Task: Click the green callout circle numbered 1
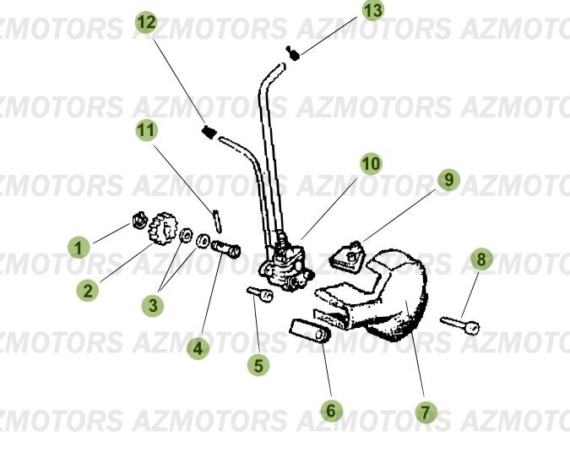79,248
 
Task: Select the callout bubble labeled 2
87,291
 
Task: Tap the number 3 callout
152,305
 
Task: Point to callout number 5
259,365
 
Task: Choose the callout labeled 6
332,411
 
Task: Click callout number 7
426,413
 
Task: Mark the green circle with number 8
480,259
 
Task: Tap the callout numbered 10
371,163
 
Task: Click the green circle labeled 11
147,130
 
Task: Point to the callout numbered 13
372,11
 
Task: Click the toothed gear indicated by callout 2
163,230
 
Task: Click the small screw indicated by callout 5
259,293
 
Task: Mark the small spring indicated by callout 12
209,131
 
